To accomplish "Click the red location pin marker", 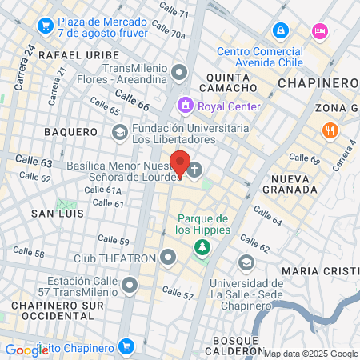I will pyautogui.click(x=180, y=164).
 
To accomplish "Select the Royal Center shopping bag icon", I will pyautogui.click(x=186, y=106).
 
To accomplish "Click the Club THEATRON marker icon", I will pyautogui.click(x=167, y=258).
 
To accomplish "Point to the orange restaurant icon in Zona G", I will pyautogui.click(x=328, y=130).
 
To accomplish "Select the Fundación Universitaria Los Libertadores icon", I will pyautogui.click(x=119, y=132).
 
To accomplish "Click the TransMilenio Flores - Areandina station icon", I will pyautogui.click(x=179, y=73).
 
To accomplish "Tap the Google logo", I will pyautogui.click(x=26, y=350).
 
